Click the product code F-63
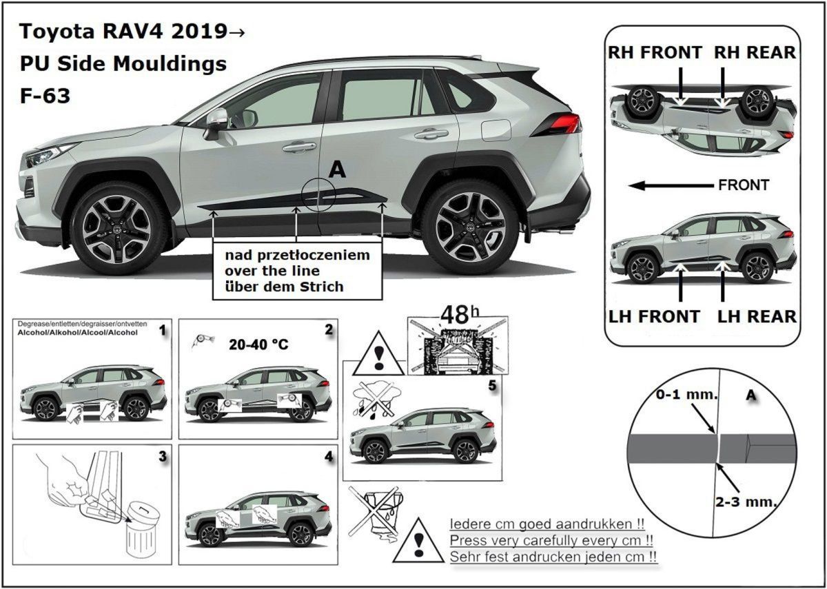pyautogui.click(x=45, y=96)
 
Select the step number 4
pyautogui.click(x=328, y=456)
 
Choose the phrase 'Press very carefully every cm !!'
pyautogui.click(x=551, y=539)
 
